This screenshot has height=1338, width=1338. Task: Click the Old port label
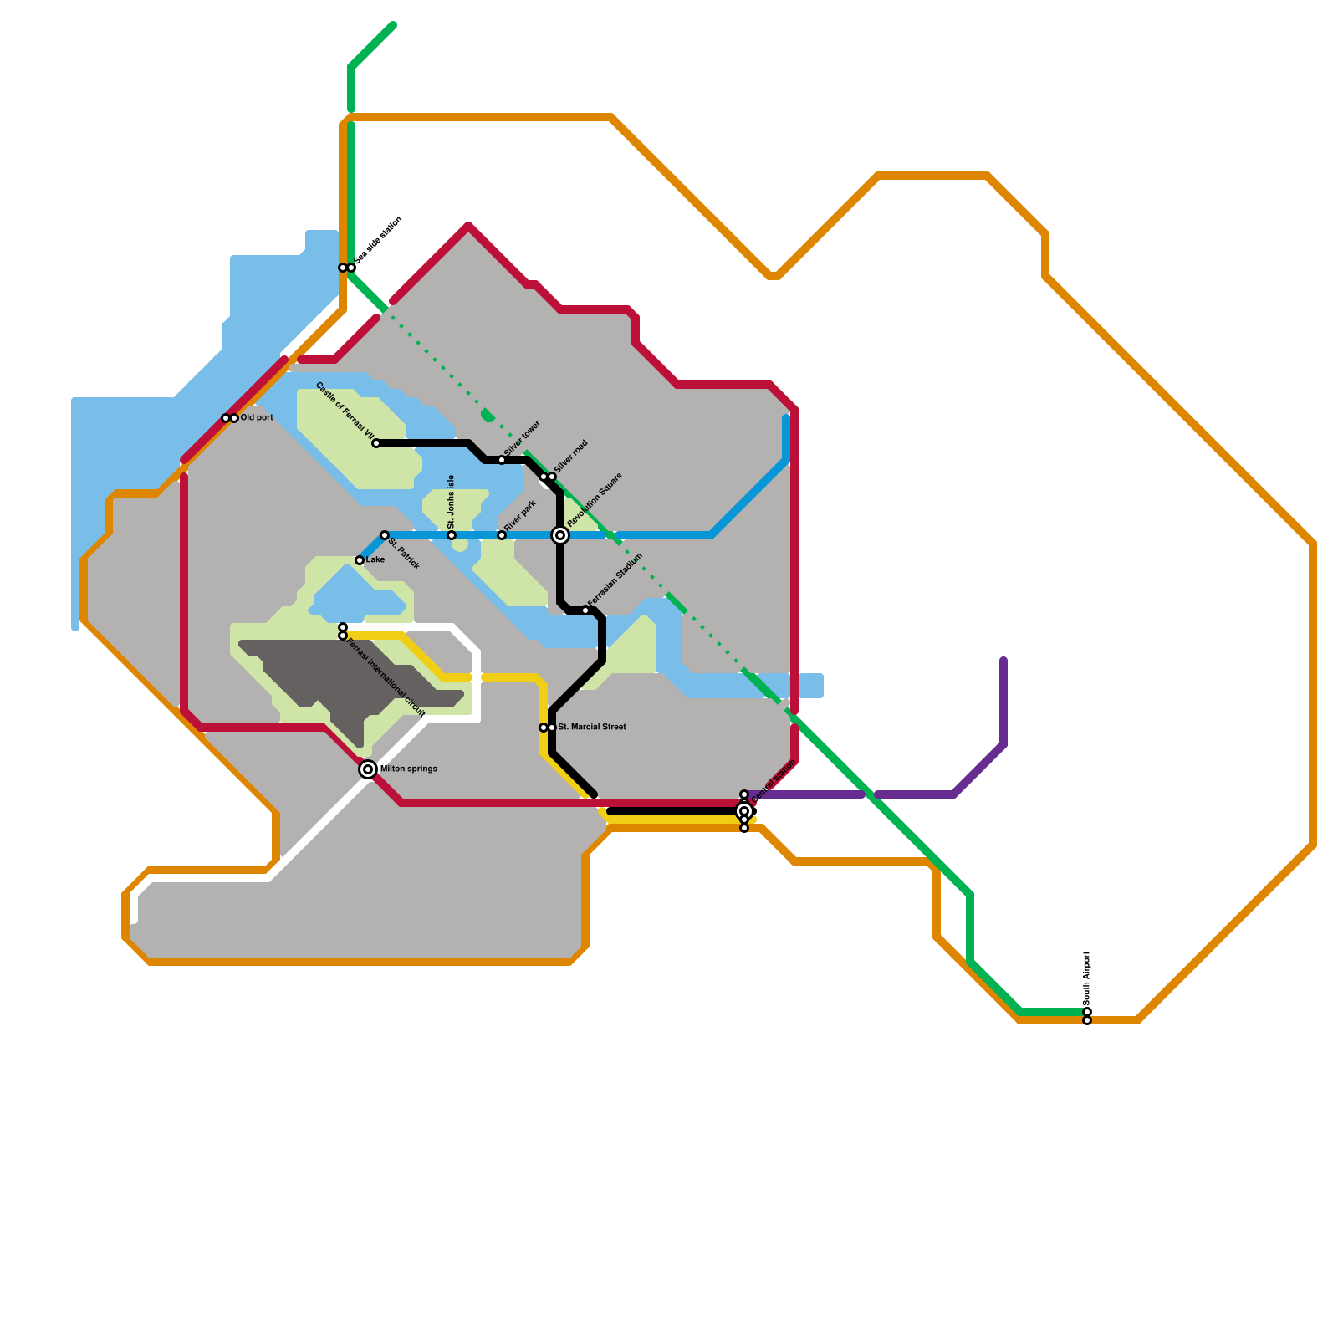click(257, 417)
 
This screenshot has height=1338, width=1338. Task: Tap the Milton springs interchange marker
click(368, 769)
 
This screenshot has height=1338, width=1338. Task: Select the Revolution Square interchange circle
click(560, 535)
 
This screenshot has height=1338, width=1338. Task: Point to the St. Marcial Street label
click(592, 727)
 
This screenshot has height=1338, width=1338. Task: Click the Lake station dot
click(360, 560)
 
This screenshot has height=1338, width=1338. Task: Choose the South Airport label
click(1087, 978)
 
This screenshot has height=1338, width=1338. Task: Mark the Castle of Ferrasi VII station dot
click(376, 443)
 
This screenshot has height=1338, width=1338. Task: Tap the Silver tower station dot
click(502, 460)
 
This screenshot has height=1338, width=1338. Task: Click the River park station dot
click(502, 535)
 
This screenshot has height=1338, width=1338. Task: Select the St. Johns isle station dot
click(452, 535)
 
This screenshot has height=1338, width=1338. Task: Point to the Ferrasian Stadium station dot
click(585, 610)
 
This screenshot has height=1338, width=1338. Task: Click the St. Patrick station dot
click(385, 535)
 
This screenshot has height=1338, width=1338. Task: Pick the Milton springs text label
click(409, 769)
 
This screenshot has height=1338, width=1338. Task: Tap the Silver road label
click(571, 457)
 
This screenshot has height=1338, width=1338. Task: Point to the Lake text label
click(375, 559)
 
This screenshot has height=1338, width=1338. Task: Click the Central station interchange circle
click(744, 811)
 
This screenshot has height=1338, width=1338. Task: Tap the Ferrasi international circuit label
click(386, 678)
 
